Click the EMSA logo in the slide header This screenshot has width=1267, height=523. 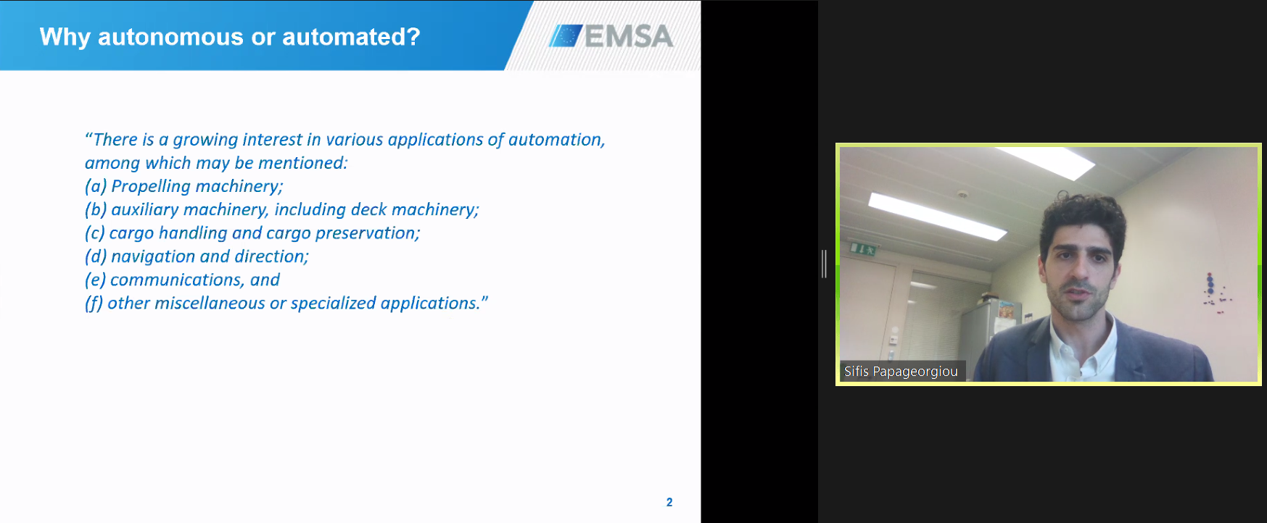coord(611,36)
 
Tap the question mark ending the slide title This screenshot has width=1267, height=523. coord(413,37)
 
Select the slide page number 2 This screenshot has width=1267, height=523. coord(669,502)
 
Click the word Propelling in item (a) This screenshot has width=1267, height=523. coord(150,187)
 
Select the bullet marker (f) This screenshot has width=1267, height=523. coord(94,304)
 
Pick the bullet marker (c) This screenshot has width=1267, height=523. coord(94,233)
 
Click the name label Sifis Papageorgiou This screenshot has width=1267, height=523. coord(901,372)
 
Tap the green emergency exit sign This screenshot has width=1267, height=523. coord(863,250)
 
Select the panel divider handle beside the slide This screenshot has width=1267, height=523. coord(824,264)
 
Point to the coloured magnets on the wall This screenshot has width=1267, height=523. coord(1213,292)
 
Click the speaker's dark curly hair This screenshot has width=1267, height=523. coord(1082,217)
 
